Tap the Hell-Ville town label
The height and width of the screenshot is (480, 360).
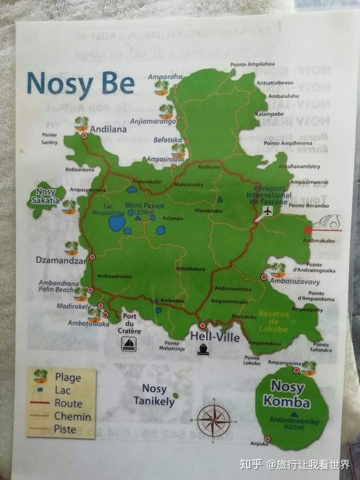tap(215, 337)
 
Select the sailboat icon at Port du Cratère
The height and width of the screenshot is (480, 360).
tap(129, 343)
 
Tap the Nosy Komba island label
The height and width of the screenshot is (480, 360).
tap(290, 394)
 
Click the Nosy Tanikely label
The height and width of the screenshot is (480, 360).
tap(154, 394)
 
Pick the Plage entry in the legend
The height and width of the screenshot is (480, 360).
tap(68, 377)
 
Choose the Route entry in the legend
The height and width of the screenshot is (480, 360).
tap(68, 403)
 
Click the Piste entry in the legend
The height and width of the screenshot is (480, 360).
tap(65, 429)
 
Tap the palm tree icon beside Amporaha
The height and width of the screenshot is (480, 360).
tap(161, 87)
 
